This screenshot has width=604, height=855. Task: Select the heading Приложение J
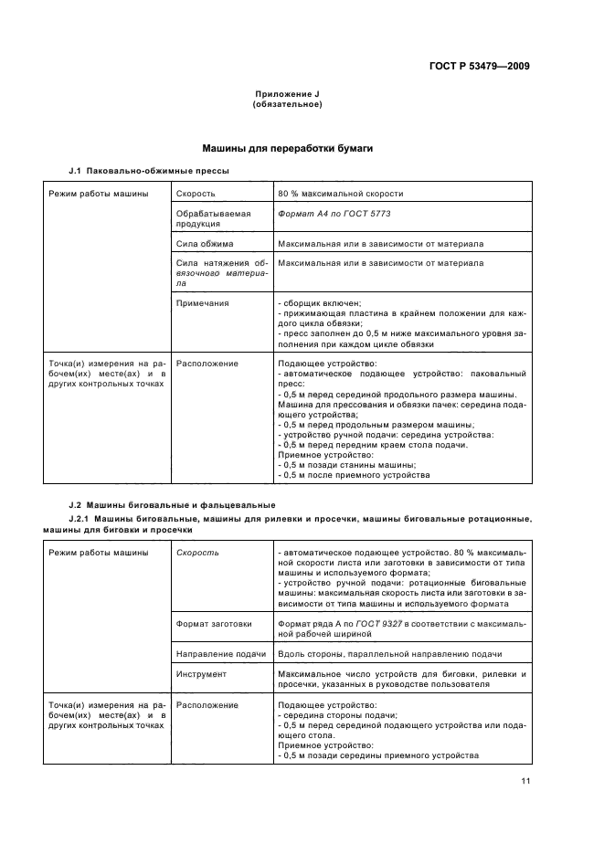[x=286, y=95]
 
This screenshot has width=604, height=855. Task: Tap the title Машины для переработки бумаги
[x=286, y=148]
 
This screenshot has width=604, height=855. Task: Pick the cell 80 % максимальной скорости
[x=340, y=194]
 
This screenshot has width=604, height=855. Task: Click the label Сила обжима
[x=205, y=244]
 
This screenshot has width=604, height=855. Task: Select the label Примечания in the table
[x=203, y=303]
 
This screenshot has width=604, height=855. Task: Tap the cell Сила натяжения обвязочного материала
[x=220, y=273]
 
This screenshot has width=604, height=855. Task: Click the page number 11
[x=525, y=780]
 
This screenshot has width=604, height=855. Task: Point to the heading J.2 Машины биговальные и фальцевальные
[x=172, y=505]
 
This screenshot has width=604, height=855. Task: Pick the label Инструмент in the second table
[x=202, y=674]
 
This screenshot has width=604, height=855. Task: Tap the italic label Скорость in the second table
[x=197, y=554]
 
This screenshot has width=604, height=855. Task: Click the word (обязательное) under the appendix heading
[x=286, y=105]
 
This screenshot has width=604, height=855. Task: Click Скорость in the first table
[x=196, y=194]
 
